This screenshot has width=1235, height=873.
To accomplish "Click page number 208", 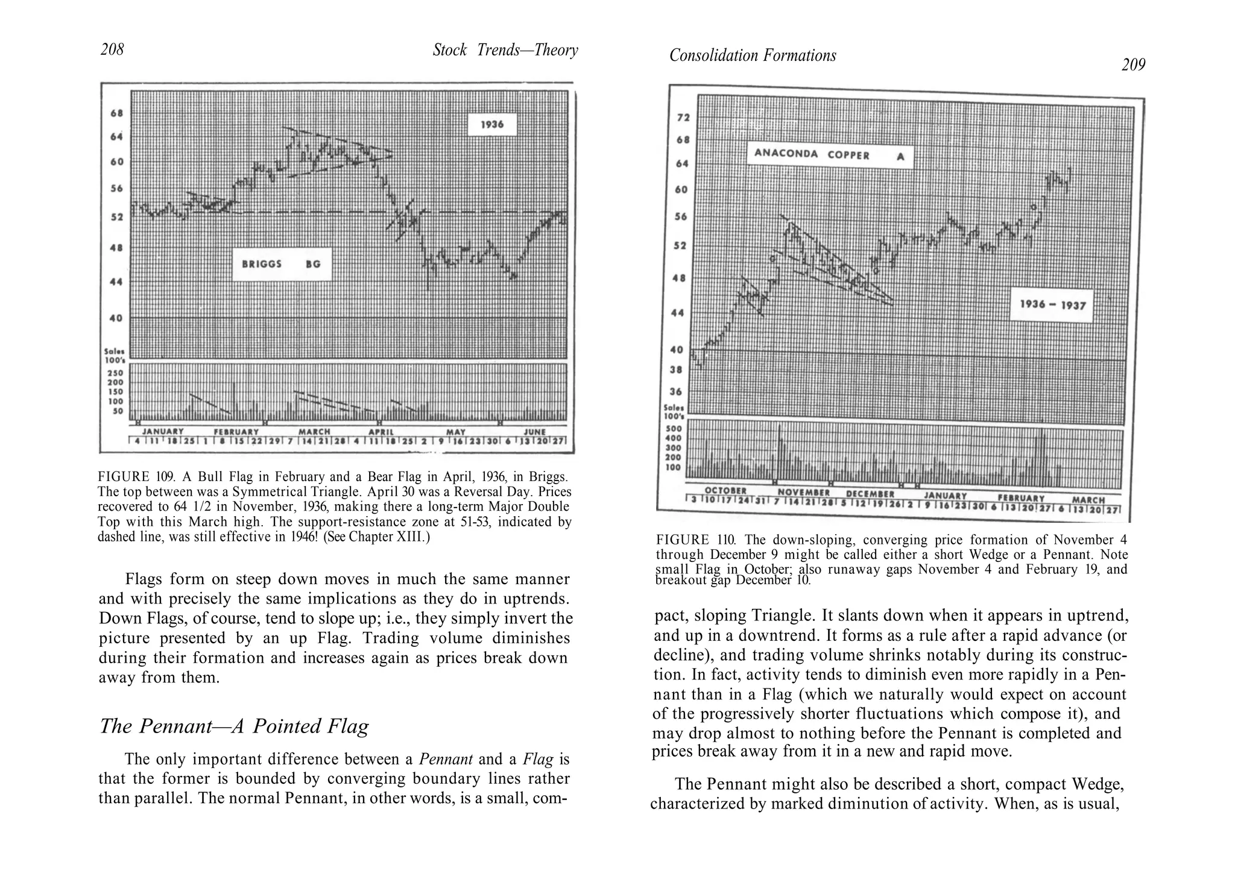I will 112,49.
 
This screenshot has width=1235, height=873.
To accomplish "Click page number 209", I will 1133,65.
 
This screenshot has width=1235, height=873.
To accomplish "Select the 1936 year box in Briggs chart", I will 492,125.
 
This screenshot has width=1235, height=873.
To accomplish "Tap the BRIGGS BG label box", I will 282,264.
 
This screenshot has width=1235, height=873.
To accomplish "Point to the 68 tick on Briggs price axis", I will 116,113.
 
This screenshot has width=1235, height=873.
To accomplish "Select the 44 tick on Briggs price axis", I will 116,282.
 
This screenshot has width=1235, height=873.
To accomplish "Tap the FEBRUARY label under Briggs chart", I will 236,432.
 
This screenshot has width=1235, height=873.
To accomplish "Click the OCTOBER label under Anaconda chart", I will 725,491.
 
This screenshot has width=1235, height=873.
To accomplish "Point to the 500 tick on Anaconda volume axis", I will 672,429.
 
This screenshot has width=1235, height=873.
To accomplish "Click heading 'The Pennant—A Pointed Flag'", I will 234,726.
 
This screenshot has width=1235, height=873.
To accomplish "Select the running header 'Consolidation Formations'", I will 753,55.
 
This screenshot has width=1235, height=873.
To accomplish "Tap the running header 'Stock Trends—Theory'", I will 505,50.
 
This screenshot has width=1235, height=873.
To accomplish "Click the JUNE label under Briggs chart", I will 535,432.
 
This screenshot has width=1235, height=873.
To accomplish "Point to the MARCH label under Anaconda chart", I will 1088,500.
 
